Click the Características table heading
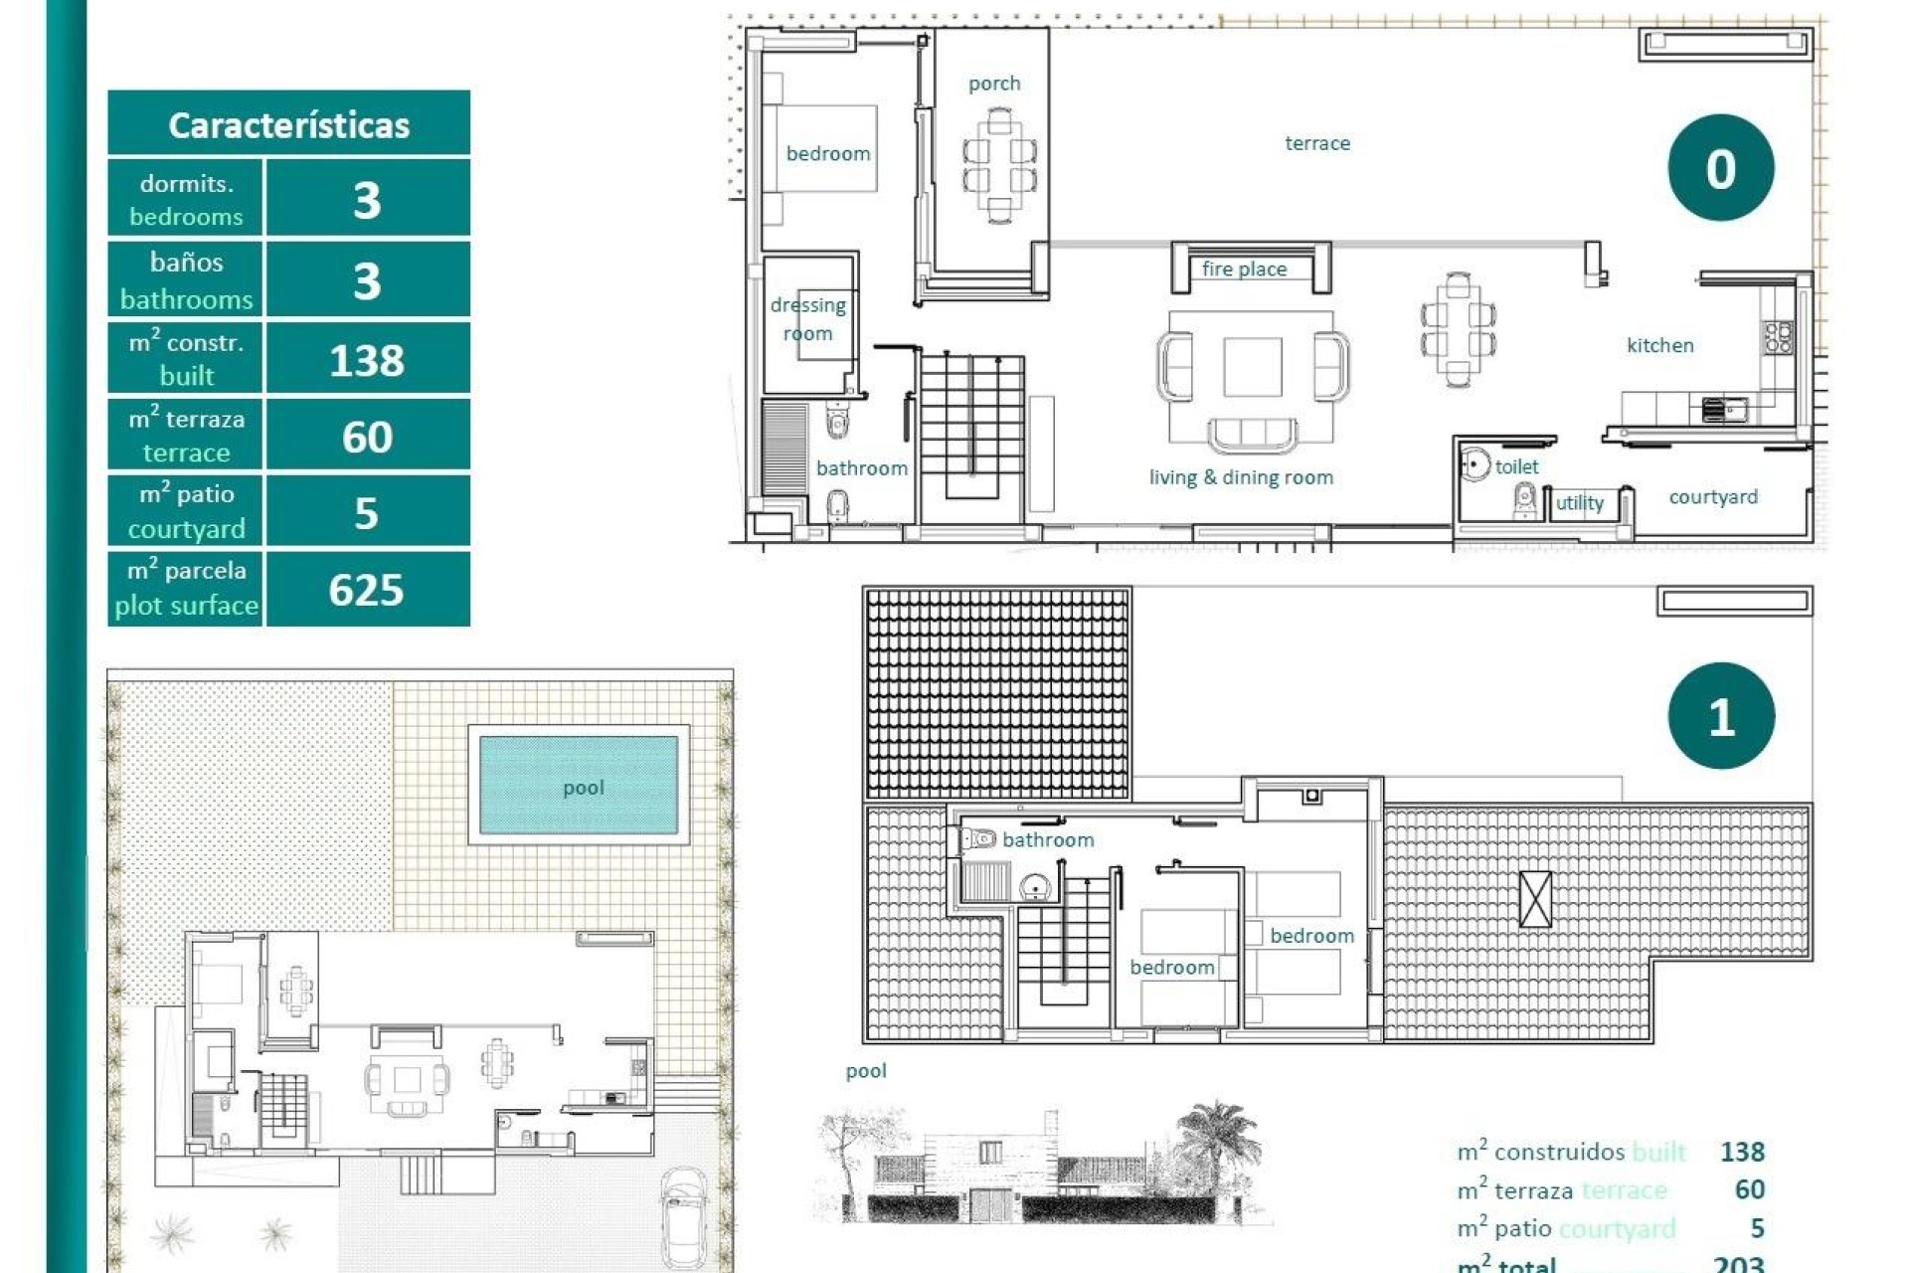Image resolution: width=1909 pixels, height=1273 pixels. point(288,125)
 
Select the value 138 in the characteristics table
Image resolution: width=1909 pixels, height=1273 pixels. point(367,360)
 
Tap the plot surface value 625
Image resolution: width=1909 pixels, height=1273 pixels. point(366,590)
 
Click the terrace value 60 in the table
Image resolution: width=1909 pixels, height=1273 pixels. point(367,437)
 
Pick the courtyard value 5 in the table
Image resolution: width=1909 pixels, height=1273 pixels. point(366,513)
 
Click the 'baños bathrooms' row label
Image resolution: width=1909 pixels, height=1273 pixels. point(186,280)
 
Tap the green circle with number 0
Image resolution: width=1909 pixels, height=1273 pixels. point(1720,168)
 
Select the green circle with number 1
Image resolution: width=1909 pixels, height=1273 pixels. point(1720,716)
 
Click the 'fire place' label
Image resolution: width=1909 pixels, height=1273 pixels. point(1244,270)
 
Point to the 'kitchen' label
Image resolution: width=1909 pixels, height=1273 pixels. point(1659,345)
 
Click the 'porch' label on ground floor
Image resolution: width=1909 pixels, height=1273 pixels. point(994,84)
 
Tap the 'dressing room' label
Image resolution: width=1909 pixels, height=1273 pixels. point(807,319)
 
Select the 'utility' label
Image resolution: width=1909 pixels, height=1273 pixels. point(1579,503)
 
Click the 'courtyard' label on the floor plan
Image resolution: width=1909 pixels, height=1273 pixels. point(1712,496)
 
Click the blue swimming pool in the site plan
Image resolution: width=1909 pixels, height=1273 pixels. point(579,786)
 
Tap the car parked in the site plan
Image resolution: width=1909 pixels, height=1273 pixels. point(684,1217)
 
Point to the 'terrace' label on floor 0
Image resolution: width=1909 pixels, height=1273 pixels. point(1317,143)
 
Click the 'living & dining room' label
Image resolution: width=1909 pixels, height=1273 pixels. point(1241,477)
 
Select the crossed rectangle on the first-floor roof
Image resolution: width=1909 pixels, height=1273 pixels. point(1535,899)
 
